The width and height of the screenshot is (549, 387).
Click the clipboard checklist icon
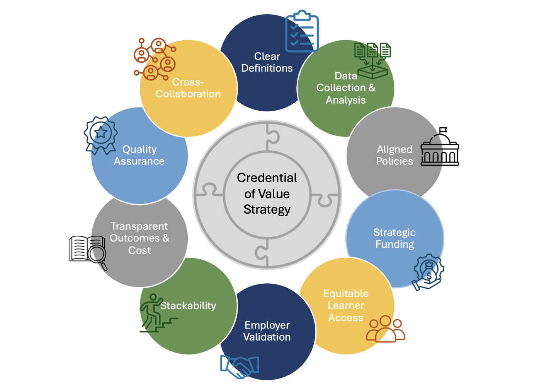pyautogui.click(x=302, y=31)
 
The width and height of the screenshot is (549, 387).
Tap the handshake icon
pyautogui.click(x=240, y=366)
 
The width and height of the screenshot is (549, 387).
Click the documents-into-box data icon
pyautogui.click(x=372, y=60)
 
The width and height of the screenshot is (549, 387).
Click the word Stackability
pyautogui.click(x=188, y=306)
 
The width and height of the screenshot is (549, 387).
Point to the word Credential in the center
pyautogui.click(x=267, y=178)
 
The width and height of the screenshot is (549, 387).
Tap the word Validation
pyautogui.click(x=267, y=337)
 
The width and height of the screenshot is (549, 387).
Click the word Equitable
pyautogui.click(x=346, y=294)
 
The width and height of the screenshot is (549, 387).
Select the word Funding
pyautogui.click(x=394, y=245)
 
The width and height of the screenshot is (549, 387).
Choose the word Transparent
pyautogui.click(x=139, y=226)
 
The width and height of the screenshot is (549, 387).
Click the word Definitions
pyautogui.click(x=267, y=68)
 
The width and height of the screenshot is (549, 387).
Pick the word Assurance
pyautogui.click(x=139, y=161)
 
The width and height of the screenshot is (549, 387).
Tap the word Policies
pyautogui.click(x=394, y=161)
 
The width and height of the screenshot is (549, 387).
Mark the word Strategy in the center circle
pyautogui.click(x=267, y=210)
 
